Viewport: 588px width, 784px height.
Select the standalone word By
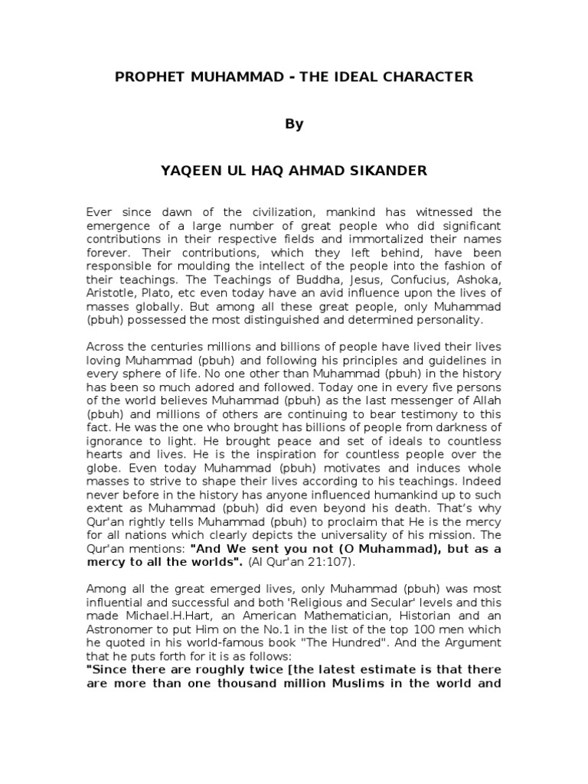(294, 124)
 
